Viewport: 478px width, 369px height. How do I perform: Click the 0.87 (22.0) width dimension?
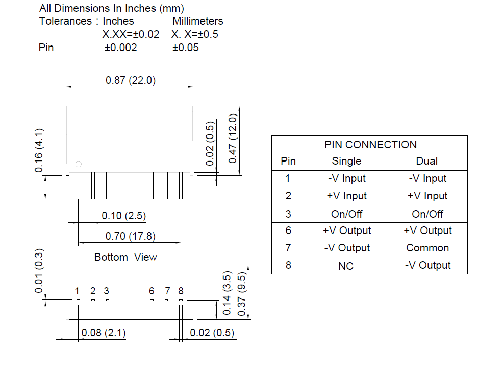tap(130, 80)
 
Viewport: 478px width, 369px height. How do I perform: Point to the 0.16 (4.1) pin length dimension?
tap(39, 151)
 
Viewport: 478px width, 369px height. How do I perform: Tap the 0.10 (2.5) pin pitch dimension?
tap(123, 216)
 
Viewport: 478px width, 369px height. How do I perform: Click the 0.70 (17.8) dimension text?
tap(130, 236)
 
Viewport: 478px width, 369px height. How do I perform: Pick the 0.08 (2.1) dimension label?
tap(104, 333)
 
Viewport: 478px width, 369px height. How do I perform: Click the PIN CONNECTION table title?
tap(370, 145)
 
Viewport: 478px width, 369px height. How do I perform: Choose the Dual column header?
tap(427, 161)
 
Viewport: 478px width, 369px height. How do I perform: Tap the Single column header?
tap(346, 161)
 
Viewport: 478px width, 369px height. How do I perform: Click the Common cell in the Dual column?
tap(427, 248)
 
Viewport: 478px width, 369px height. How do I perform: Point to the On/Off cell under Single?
tap(346, 214)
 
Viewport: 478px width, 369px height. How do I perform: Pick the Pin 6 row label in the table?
tap(288, 231)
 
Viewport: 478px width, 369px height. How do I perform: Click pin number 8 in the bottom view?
tap(181, 291)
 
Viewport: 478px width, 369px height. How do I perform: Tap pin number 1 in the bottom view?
tap(77, 291)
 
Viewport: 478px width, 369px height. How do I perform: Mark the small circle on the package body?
tap(78, 164)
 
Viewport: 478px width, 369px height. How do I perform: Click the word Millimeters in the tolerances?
tap(197, 21)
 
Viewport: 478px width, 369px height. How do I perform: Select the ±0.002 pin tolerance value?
tap(120, 48)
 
